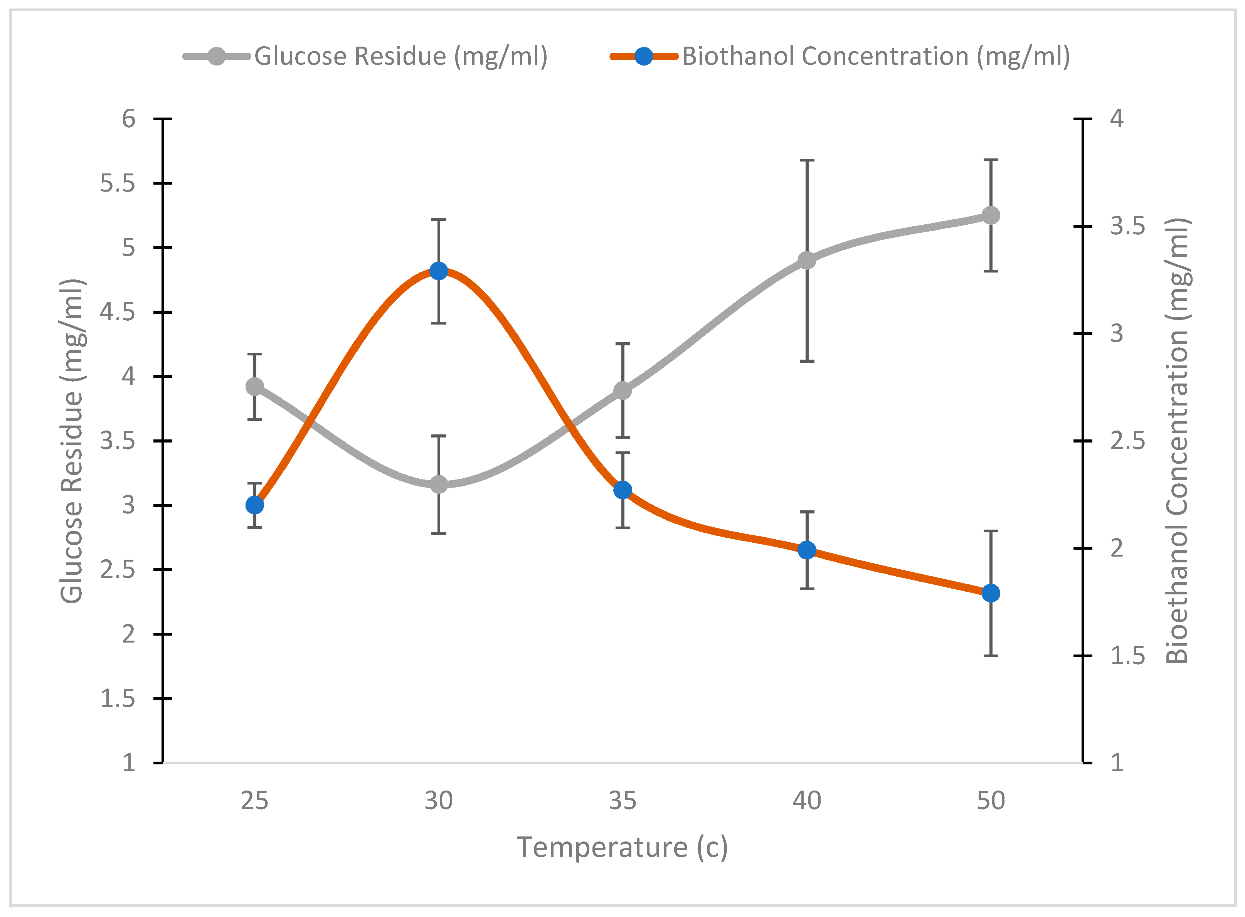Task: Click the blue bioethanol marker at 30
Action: click(439, 271)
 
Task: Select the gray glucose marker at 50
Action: click(991, 215)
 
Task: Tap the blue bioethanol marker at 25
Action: click(255, 505)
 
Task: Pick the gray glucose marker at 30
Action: click(439, 484)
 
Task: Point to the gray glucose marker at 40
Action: click(806, 260)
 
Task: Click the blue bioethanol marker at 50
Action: click(991, 593)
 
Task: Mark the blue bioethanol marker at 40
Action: click(806, 550)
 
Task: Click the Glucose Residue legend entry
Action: click(400, 56)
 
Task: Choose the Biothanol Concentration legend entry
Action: click(875, 56)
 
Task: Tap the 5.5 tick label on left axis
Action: click(117, 183)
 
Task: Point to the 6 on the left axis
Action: click(128, 119)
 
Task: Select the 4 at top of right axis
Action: click(1116, 119)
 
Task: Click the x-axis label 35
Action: click(623, 801)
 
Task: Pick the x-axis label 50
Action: click(991, 801)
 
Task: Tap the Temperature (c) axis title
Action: click(622, 848)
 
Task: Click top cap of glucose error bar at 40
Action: click(806, 160)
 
